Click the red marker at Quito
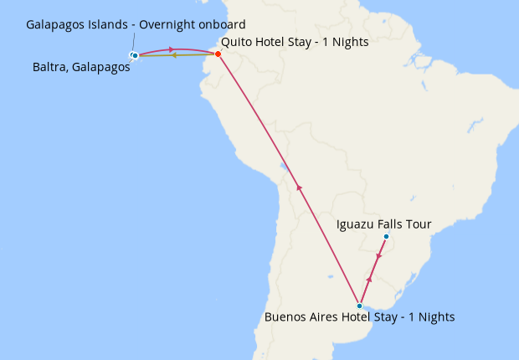218,54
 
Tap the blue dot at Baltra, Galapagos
135,56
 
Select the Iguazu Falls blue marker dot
386,237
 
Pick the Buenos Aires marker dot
359,306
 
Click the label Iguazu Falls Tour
383,224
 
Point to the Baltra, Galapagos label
81,69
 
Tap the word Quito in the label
237,40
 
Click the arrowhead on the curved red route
172,49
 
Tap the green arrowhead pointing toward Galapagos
173,55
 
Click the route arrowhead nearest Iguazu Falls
379,256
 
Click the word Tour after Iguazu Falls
418,224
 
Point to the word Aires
327,317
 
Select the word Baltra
49,69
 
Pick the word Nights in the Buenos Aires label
435,317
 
